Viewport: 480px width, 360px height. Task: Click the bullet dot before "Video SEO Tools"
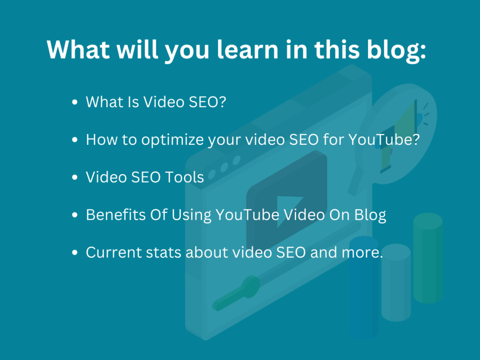75,178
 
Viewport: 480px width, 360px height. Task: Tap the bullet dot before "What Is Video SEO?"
75,102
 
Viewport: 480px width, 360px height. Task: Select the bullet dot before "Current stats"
75,253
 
